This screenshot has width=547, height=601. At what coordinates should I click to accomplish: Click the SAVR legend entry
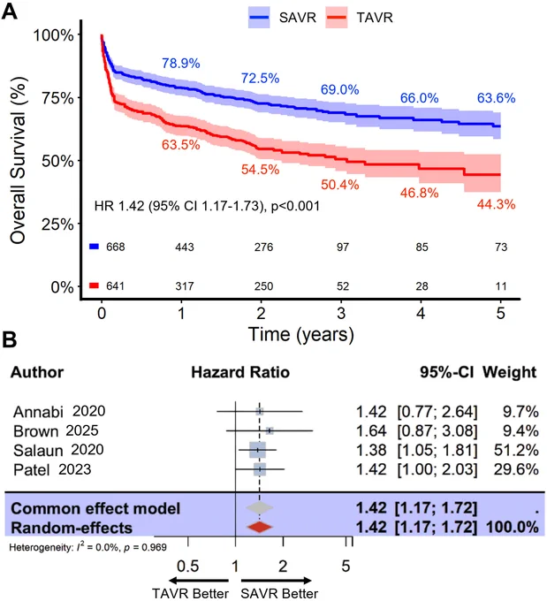(x=282, y=18)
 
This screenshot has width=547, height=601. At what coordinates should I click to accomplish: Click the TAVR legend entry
(x=359, y=18)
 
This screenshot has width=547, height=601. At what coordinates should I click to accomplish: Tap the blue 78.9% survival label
(x=180, y=64)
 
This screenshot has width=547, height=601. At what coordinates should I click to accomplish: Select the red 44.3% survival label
(x=496, y=204)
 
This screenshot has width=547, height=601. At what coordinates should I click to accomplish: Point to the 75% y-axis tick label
(x=58, y=98)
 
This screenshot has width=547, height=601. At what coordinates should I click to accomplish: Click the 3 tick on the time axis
(x=341, y=314)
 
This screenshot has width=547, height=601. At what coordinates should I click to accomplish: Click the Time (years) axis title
(x=301, y=335)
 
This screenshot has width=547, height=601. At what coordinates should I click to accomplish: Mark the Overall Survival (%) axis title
(x=18, y=160)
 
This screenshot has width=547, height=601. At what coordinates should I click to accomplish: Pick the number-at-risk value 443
(x=185, y=247)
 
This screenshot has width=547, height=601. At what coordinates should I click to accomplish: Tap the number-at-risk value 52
(x=343, y=286)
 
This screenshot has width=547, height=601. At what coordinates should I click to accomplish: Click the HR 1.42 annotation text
(x=207, y=206)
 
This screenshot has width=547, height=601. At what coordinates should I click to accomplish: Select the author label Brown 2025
(x=56, y=431)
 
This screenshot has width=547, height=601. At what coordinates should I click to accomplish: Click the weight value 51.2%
(x=516, y=451)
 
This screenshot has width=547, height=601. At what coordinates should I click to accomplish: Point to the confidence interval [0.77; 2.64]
(x=437, y=412)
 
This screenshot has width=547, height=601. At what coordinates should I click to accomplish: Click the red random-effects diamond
(x=260, y=527)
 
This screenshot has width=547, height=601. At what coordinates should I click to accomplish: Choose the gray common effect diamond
(x=260, y=507)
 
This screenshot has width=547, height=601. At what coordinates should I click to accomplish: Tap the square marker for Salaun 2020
(x=257, y=450)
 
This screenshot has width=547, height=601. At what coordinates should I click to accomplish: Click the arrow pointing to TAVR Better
(x=199, y=581)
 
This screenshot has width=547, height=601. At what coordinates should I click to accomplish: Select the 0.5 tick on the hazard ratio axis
(x=188, y=567)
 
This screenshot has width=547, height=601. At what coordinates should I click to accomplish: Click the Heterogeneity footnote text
(x=87, y=547)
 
